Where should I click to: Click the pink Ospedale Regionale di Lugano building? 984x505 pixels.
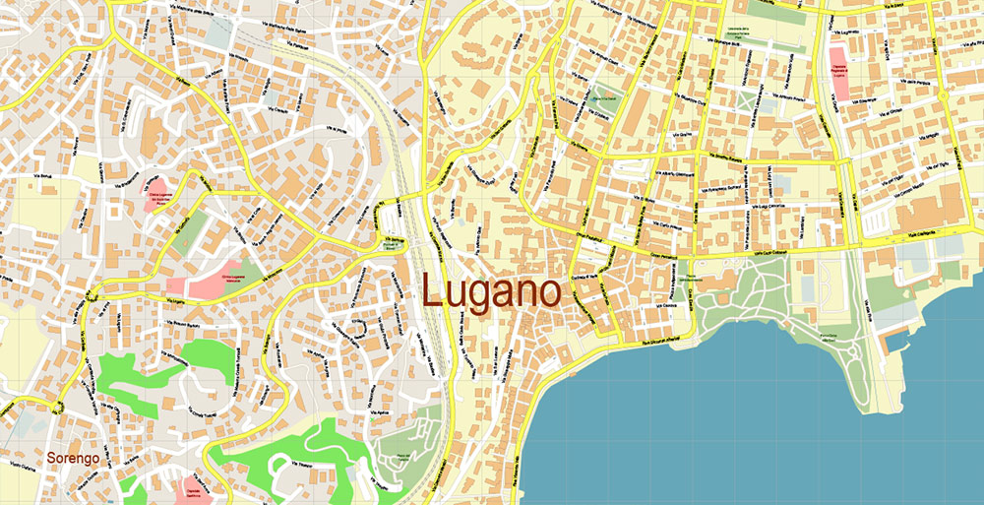(x=840, y=70)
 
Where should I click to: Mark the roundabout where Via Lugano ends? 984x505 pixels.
(x=57, y=405)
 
